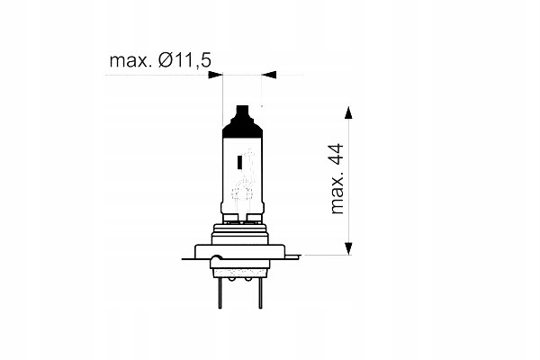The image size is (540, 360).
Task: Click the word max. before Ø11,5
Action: (130, 60)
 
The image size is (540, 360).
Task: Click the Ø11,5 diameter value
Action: (184, 60)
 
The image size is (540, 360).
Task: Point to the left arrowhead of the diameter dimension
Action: (215, 75)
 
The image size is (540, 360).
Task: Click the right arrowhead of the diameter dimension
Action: (269, 75)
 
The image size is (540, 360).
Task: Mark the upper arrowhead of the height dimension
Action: (348, 113)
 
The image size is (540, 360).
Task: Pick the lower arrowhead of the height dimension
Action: (348, 248)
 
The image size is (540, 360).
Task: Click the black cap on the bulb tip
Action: (242, 121)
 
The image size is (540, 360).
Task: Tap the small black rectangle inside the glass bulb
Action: (239, 162)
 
